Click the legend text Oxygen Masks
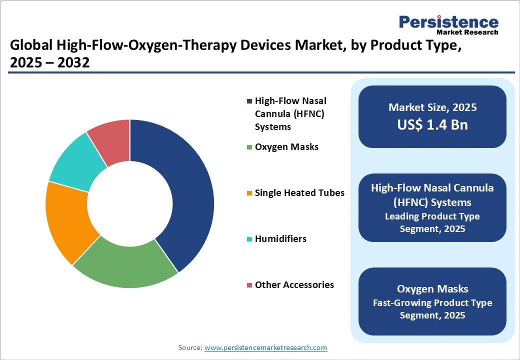pyautogui.click(x=286, y=147)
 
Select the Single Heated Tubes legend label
pyautogui.click(x=299, y=192)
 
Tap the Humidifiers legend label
pyautogui.click(x=280, y=238)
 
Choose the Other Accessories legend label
pyautogui.click(x=294, y=284)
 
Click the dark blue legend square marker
pyautogui.click(x=249, y=101)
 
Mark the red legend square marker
pyautogui.click(x=249, y=285)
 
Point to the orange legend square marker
pyautogui.click(x=249, y=193)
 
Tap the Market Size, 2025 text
pyautogui.click(x=432, y=107)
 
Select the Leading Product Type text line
pyautogui.click(x=432, y=216)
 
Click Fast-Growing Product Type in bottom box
pyautogui.click(x=432, y=302)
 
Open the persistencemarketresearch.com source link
pyautogui.click(x=265, y=347)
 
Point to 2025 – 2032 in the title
pyautogui.click(x=49, y=63)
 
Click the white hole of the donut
pyautogui.click(x=130, y=204)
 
